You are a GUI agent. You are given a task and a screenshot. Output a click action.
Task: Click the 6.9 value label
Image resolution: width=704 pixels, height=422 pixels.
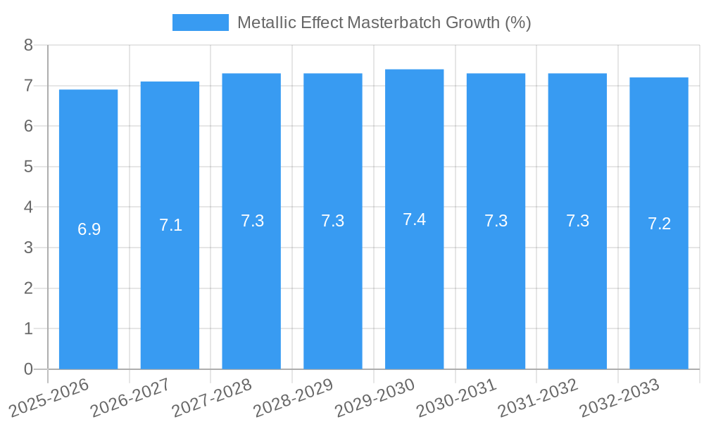(x=89, y=229)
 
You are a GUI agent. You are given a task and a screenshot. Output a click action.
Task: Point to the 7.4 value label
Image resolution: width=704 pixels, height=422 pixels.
(x=414, y=219)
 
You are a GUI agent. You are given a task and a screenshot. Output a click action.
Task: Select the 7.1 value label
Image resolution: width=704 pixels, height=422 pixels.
(x=170, y=225)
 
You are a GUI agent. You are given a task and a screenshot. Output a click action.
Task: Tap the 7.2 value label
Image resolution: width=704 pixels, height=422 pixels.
(x=659, y=224)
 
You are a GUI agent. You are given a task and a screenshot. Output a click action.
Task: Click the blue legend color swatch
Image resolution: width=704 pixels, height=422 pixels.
(x=201, y=23)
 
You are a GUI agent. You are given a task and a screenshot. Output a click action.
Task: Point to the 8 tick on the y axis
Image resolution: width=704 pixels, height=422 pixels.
(x=28, y=45)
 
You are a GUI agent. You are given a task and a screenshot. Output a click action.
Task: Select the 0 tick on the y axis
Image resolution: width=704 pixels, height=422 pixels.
(x=28, y=369)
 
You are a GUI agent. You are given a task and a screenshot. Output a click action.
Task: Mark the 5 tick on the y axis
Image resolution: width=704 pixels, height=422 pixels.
(x=28, y=167)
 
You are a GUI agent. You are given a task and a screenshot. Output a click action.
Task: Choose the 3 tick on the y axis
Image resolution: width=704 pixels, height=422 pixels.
(x=28, y=248)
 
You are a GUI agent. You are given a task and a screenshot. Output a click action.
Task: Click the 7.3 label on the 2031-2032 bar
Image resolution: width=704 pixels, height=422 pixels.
(x=577, y=221)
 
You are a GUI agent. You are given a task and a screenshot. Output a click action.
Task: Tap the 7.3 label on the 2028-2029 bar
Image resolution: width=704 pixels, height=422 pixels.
(x=332, y=221)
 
